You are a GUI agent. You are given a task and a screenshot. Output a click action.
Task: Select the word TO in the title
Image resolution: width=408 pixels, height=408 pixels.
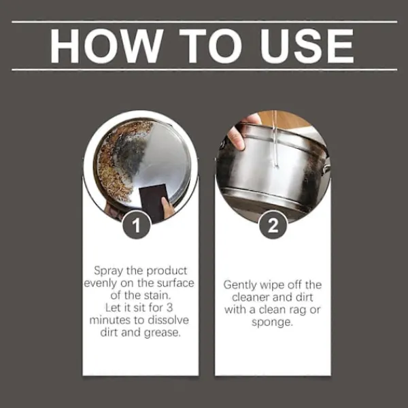(209, 46)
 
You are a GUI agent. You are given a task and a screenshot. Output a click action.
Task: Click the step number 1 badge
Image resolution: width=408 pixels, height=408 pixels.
(137, 225)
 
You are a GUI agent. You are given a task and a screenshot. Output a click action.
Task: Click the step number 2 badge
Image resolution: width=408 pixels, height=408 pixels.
(273, 225)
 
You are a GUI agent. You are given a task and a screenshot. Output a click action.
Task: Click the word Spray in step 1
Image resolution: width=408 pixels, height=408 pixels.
(108, 271)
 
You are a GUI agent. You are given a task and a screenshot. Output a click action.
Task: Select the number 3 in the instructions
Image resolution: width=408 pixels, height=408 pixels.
(169, 307)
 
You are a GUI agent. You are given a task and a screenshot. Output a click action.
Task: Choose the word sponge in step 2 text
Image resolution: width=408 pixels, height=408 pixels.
(272, 323)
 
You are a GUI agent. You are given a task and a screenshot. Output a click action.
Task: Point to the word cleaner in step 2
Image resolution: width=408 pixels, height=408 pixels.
(250, 297)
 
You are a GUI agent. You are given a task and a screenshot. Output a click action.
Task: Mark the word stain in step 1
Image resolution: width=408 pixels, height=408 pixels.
(157, 295)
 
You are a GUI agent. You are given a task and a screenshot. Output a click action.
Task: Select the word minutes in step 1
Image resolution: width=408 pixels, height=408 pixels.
(110, 320)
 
